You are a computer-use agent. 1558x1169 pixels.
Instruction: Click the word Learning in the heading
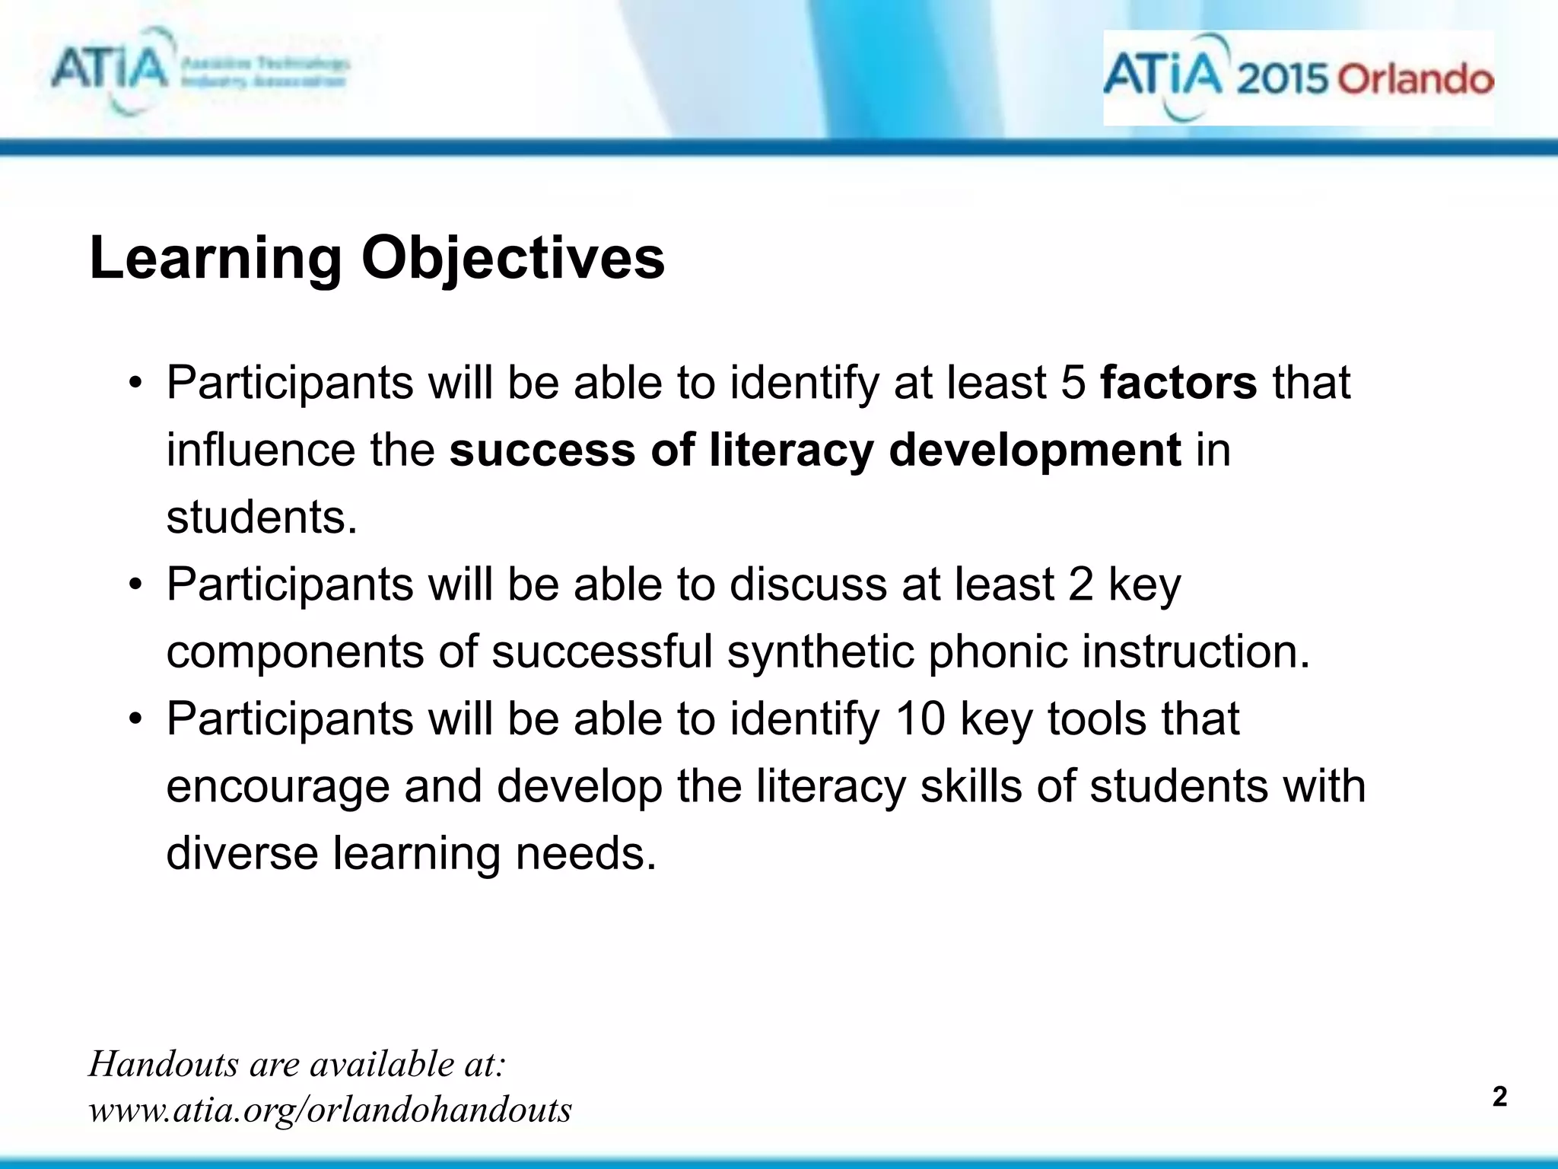point(215,260)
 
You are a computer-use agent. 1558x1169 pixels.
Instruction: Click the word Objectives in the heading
point(513,260)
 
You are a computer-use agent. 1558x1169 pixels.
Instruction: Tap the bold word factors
point(1178,382)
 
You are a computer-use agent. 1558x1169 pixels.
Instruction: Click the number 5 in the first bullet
point(1073,382)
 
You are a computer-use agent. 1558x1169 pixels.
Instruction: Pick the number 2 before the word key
point(1080,584)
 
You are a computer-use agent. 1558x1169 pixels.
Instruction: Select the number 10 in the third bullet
point(920,718)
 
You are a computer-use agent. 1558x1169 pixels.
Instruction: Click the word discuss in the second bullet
point(808,584)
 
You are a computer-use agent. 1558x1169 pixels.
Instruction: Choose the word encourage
point(278,787)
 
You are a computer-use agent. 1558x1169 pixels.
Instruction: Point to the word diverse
point(243,853)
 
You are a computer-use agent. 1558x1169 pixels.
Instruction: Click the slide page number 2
point(1499,1097)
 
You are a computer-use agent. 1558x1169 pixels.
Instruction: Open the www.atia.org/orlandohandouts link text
point(330,1110)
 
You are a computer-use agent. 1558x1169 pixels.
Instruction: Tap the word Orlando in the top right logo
point(1415,80)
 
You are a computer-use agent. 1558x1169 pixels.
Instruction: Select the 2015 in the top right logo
point(1283,80)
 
